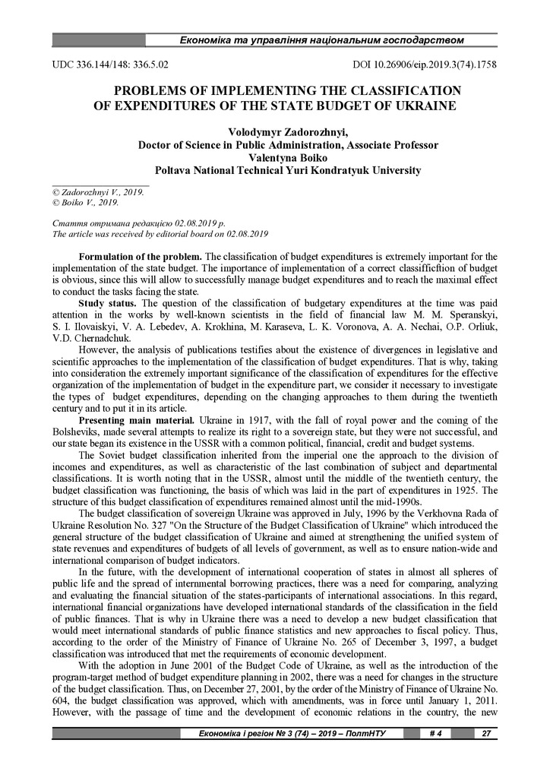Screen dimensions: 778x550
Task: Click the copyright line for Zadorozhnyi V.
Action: point(97,193)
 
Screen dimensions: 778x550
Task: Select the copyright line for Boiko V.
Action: point(85,203)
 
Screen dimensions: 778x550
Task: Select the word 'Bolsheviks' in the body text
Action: point(74,432)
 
